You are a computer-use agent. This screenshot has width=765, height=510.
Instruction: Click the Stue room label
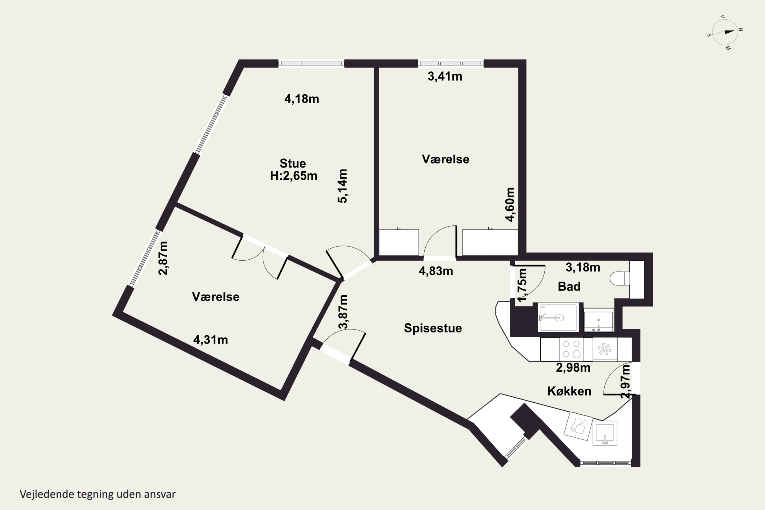[293, 163]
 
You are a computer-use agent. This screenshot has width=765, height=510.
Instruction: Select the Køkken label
[569, 391]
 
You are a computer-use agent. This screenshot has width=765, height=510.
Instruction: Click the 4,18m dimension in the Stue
[301, 99]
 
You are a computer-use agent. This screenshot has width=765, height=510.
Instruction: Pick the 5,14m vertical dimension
[342, 186]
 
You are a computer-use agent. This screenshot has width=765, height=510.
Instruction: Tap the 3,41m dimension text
[445, 76]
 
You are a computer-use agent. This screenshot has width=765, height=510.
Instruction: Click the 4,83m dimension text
[436, 271]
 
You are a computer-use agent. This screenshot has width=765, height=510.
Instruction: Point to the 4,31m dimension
[210, 340]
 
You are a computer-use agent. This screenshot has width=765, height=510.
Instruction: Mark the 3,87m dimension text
[343, 312]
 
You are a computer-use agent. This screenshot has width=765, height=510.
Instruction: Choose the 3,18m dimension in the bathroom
[583, 267]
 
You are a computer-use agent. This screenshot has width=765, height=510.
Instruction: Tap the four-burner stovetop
[571, 349]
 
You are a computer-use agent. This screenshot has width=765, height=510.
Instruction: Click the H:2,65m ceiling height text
[294, 176]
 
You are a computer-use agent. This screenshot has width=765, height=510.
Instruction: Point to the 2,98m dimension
[573, 368]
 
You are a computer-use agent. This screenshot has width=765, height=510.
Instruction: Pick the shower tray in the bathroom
[558, 317]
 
